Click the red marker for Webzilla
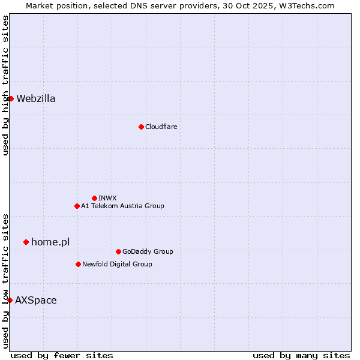pyautogui.click(x=11, y=98)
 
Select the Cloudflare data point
pyautogui.click(x=141, y=127)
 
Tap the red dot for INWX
pyautogui.click(x=94, y=198)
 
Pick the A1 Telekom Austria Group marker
pyautogui.click(x=77, y=206)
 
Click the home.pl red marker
pyautogui.click(x=26, y=242)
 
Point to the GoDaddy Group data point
pyautogui.click(x=118, y=251)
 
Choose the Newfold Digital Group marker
pyautogui.click(x=78, y=264)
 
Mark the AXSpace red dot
pyautogui.click(x=10, y=300)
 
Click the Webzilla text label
pyautogui.click(x=36, y=99)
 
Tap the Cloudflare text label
pyautogui.click(x=161, y=127)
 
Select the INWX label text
pyautogui.click(x=107, y=198)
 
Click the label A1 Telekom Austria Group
pyautogui.click(x=122, y=206)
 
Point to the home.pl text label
pyautogui.click(x=50, y=242)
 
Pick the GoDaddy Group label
pyautogui.click(x=148, y=251)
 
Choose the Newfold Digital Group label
pyautogui.click(x=117, y=264)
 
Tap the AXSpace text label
pyautogui.click(x=36, y=300)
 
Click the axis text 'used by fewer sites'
pyautogui.click(x=62, y=355)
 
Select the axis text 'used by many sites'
pyautogui.click(x=301, y=355)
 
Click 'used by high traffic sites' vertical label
pyautogui.click(x=5, y=85)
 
